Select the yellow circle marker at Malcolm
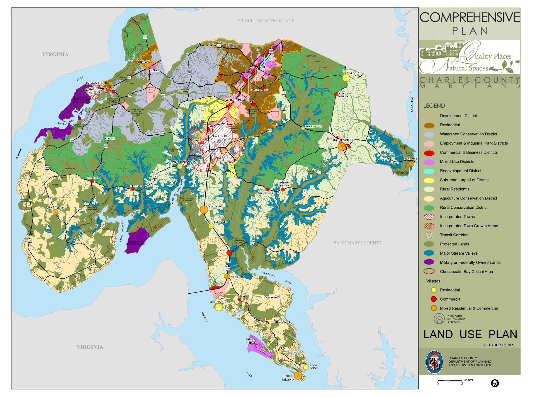pos(346,78)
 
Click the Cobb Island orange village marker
pos(298,375)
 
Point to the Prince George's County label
pos(266,21)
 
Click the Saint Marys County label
pos(358,243)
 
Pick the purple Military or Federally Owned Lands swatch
pos(429,262)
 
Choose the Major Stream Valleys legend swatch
pos(429,253)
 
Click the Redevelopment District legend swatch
pos(429,171)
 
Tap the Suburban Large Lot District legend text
pos(464,180)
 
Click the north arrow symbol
pos(495,383)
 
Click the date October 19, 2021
pos(498,345)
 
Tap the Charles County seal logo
pos(434,362)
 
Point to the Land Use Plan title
pos(470,334)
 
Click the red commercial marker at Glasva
pos(229,253)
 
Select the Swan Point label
pos(251,341)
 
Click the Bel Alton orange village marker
pos(204,210)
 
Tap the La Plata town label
pos(220,136)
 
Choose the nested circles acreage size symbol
pos(439,319)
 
